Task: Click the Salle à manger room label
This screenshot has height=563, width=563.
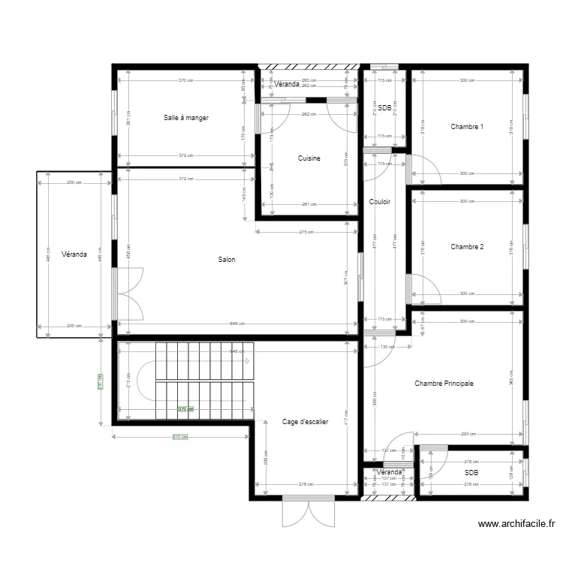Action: click(x=186, y=118)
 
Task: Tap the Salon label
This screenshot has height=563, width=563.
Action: click(x=227, y=260)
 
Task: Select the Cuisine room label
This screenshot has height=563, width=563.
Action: click(x=309, y=158)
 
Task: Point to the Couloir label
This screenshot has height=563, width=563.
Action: click(x=380, y=202)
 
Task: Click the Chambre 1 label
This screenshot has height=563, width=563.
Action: click(x=467, y=127)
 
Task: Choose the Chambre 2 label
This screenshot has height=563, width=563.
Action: click(x=467, y=247)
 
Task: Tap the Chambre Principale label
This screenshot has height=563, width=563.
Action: click(x=444, y=384)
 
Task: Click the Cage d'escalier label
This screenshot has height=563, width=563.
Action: click(x=306, y=422)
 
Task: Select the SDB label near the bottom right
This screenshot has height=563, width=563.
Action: click(x=471, y=473)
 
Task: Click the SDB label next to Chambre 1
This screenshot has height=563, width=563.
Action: click(x=385, y=108)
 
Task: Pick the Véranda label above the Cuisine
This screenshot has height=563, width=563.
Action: click(x=287, y=84)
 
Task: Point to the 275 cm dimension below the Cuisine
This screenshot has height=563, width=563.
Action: click(x=306, y=232)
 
